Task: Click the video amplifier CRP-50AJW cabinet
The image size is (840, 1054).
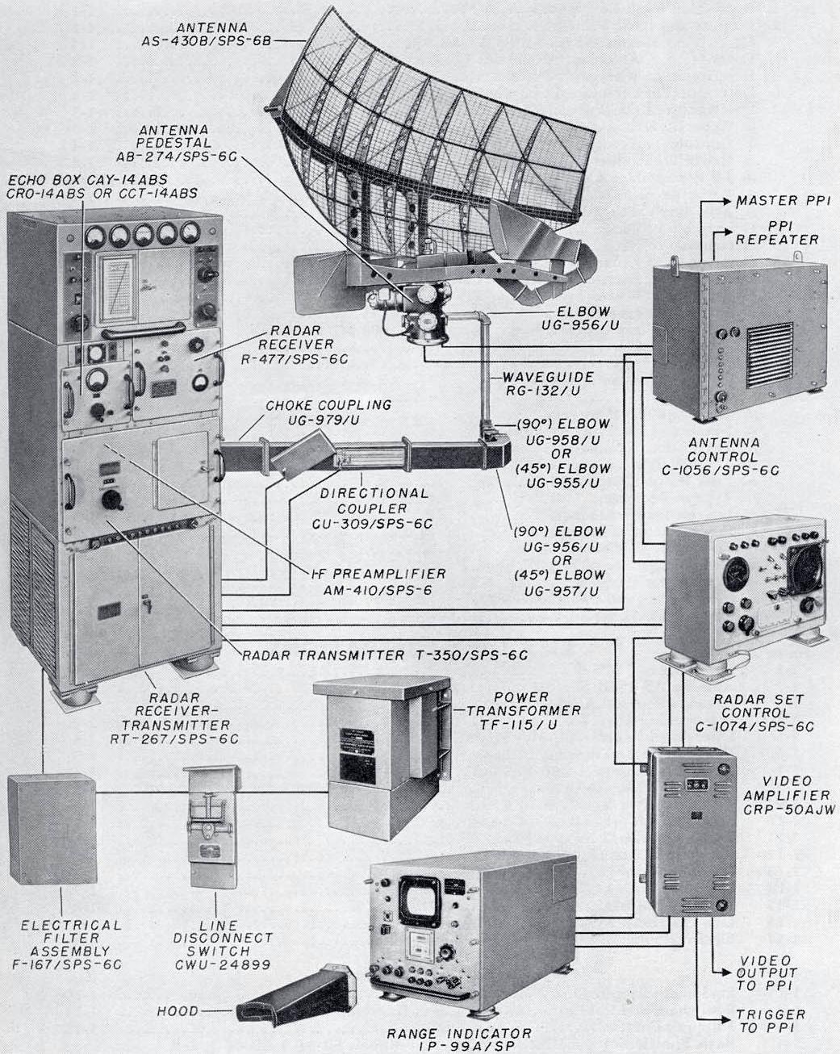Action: (692, 831)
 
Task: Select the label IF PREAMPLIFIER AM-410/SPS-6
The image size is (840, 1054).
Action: (378, 581)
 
